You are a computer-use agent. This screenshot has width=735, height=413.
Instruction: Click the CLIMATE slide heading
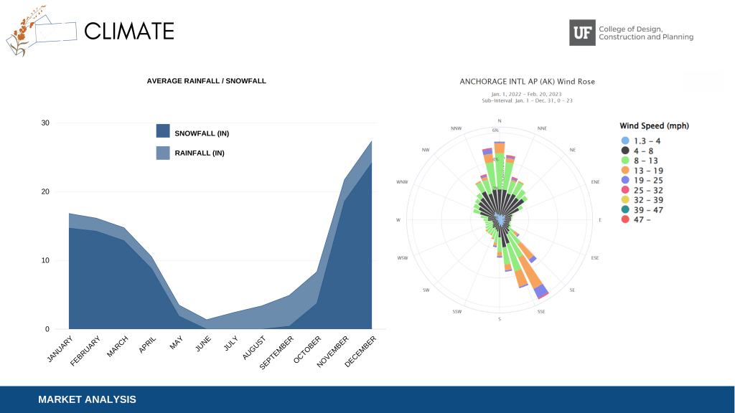(129, 31)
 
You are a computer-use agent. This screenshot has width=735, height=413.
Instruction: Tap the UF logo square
(582, 32)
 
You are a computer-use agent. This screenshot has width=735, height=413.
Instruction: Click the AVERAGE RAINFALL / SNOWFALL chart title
(206, 81)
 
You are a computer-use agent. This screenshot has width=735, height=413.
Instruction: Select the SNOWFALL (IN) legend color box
(163, 131)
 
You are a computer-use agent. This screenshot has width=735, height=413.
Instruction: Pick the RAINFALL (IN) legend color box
(163, 153)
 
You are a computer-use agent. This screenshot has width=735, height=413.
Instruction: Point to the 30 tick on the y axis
(45, 123)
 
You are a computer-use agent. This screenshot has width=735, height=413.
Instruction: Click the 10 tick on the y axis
(45, 260)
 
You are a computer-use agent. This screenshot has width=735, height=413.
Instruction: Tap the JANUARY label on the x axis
(60, 349)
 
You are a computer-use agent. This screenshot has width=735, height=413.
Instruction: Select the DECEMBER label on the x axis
(360, 352)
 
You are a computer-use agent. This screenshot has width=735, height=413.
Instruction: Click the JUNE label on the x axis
(203, 344)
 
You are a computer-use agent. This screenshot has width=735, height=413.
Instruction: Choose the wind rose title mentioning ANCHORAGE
(527, 82)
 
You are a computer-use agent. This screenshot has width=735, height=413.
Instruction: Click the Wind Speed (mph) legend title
(654, 126)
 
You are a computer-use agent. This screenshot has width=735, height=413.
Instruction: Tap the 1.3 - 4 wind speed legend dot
(625, 141)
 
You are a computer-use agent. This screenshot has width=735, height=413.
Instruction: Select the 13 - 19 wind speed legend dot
(625, 171)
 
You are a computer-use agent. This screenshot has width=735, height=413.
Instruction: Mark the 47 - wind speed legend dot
(625, 219)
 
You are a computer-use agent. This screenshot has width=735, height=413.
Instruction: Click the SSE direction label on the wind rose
(540, 311)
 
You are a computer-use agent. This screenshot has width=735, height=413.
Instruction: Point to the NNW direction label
(457, 128)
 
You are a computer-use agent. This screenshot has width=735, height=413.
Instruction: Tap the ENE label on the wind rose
(595, 182)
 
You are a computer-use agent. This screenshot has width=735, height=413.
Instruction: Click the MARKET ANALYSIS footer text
(87, 399)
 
